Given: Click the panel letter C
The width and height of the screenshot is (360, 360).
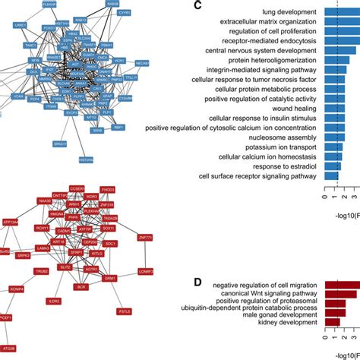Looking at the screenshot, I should pos(197,7).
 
